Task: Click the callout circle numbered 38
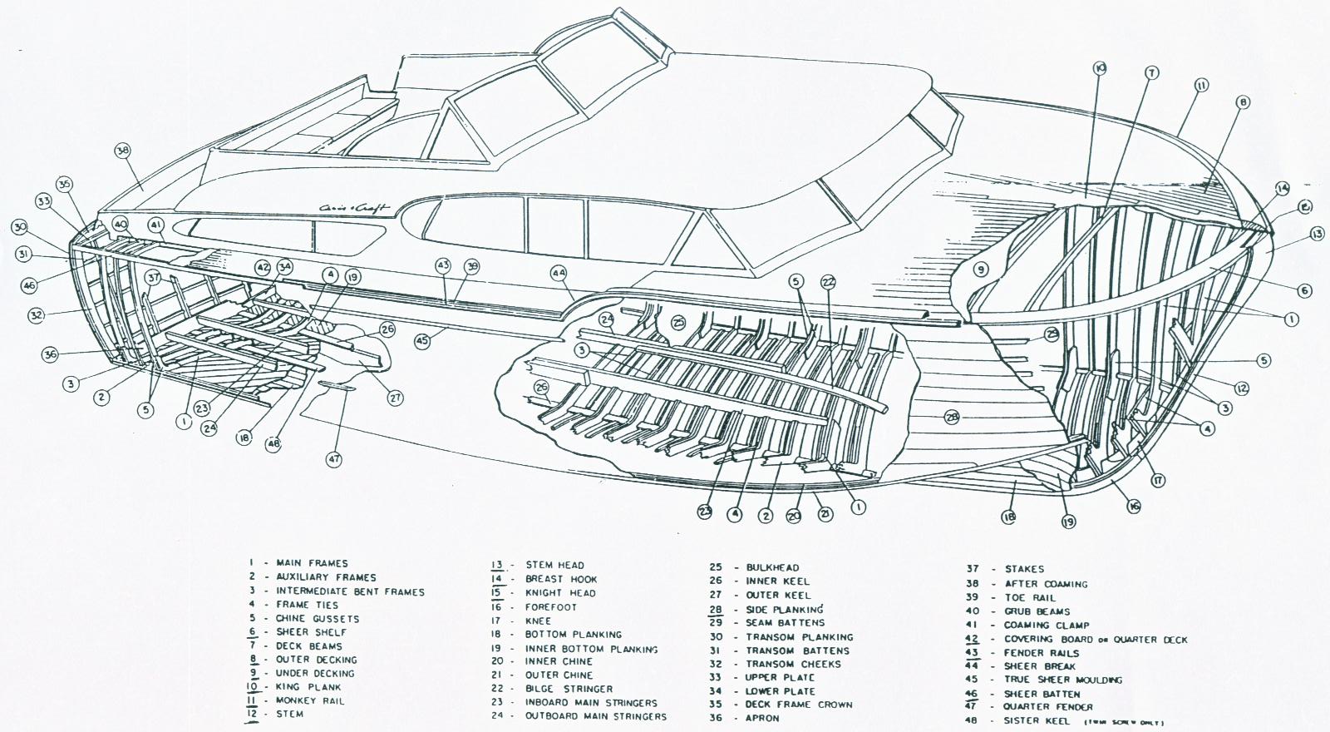123,151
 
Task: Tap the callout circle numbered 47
334,458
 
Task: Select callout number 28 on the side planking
952,417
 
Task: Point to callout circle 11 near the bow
1201,85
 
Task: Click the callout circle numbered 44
558,272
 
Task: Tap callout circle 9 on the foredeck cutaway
980,269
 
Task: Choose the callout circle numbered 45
422,340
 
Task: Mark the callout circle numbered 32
36,314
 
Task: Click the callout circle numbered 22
827,282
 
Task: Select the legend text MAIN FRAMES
312,563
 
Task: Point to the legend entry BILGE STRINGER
569,689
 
